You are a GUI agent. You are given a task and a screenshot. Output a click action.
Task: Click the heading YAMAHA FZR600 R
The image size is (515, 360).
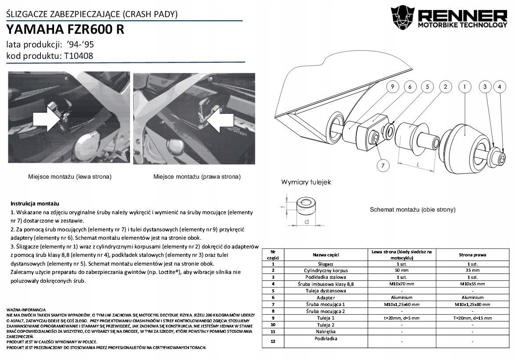(x=65, y=29)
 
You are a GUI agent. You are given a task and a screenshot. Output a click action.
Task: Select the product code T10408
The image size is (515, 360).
(x=78, y=56)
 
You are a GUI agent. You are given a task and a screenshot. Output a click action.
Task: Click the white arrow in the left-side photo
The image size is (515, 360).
(x=47, y=119)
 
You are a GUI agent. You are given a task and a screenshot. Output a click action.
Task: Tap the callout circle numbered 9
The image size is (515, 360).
(x=392, y=87)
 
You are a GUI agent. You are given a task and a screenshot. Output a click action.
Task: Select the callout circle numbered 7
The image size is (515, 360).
(x=383, y=166)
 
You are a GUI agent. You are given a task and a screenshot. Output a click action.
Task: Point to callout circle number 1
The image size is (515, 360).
(x=464, y=87)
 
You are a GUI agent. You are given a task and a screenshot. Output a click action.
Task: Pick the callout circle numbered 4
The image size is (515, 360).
(x=499, y=87)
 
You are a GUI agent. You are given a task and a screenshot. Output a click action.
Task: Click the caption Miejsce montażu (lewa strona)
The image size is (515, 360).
(x=69, y=176)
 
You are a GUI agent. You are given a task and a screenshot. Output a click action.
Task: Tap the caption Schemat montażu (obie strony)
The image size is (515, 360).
(x=413, y=209)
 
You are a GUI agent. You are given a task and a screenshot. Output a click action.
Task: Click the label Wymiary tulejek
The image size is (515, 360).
(x=306, y=182)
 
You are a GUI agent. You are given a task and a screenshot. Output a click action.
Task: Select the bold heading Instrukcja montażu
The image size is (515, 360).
(x=35, y=204)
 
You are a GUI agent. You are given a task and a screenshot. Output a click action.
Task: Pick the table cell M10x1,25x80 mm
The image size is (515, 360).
(x=472, y=304)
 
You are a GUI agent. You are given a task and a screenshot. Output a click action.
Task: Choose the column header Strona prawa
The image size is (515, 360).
(x=472, y=255)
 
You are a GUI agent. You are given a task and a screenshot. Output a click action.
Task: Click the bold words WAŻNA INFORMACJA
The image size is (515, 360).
(x=26, y=310)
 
